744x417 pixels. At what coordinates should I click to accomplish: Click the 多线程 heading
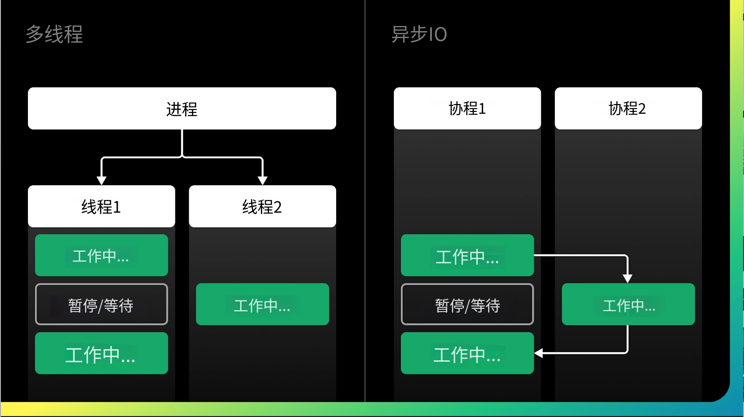point(54,34)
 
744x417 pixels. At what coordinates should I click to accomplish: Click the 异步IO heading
point(418,34)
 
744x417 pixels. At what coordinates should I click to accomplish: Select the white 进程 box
point(182,108)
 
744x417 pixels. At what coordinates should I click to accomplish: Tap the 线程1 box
point(101,206)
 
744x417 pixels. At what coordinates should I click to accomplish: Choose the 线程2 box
point(262,206)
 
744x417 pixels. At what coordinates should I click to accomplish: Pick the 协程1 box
point(467,108)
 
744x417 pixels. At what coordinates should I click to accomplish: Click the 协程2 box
point(628,108)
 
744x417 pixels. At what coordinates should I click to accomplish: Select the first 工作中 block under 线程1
point(101,255)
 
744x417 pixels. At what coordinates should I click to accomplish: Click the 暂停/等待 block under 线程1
point(101,304)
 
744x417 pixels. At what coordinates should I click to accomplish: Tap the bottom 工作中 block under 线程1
point(101,353)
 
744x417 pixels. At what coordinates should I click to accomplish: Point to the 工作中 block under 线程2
point(262,304)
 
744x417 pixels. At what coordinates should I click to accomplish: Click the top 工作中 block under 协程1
point(467,255)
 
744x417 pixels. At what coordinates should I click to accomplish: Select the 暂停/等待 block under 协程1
point(467,304)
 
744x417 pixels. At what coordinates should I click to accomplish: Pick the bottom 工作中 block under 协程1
point(467,353)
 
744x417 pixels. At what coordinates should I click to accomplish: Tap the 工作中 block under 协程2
point(628,304)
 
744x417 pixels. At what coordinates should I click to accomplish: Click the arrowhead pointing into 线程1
point(101,181)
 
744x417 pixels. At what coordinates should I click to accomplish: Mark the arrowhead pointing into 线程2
point(262,181)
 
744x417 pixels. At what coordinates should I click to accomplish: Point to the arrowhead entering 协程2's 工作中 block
point(627,279)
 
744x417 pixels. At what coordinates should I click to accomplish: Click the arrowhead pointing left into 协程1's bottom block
point(538,353)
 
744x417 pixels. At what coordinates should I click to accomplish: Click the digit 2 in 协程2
point(642,109)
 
